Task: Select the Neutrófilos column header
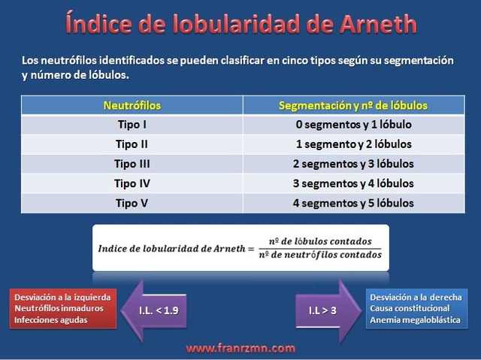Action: (x=132, y=105)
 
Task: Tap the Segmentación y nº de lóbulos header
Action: (x=353, y=105)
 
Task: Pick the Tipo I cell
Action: (x=132, y=125)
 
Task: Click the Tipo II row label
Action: (x=132, y=144)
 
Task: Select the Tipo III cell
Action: (x=132, y=164)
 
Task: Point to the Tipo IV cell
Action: (x=132, y=183)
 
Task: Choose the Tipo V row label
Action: (x=132, y=203)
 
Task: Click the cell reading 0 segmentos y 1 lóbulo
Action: (x=353, y=125)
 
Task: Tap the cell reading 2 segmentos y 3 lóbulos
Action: (x=353, y=164)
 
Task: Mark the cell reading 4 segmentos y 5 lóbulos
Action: (x=353, y=203)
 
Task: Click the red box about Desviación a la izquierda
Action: (x=63, y=309)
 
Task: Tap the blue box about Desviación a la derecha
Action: (x=416, y=309)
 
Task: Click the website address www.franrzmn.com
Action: (x=240, y=348)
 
